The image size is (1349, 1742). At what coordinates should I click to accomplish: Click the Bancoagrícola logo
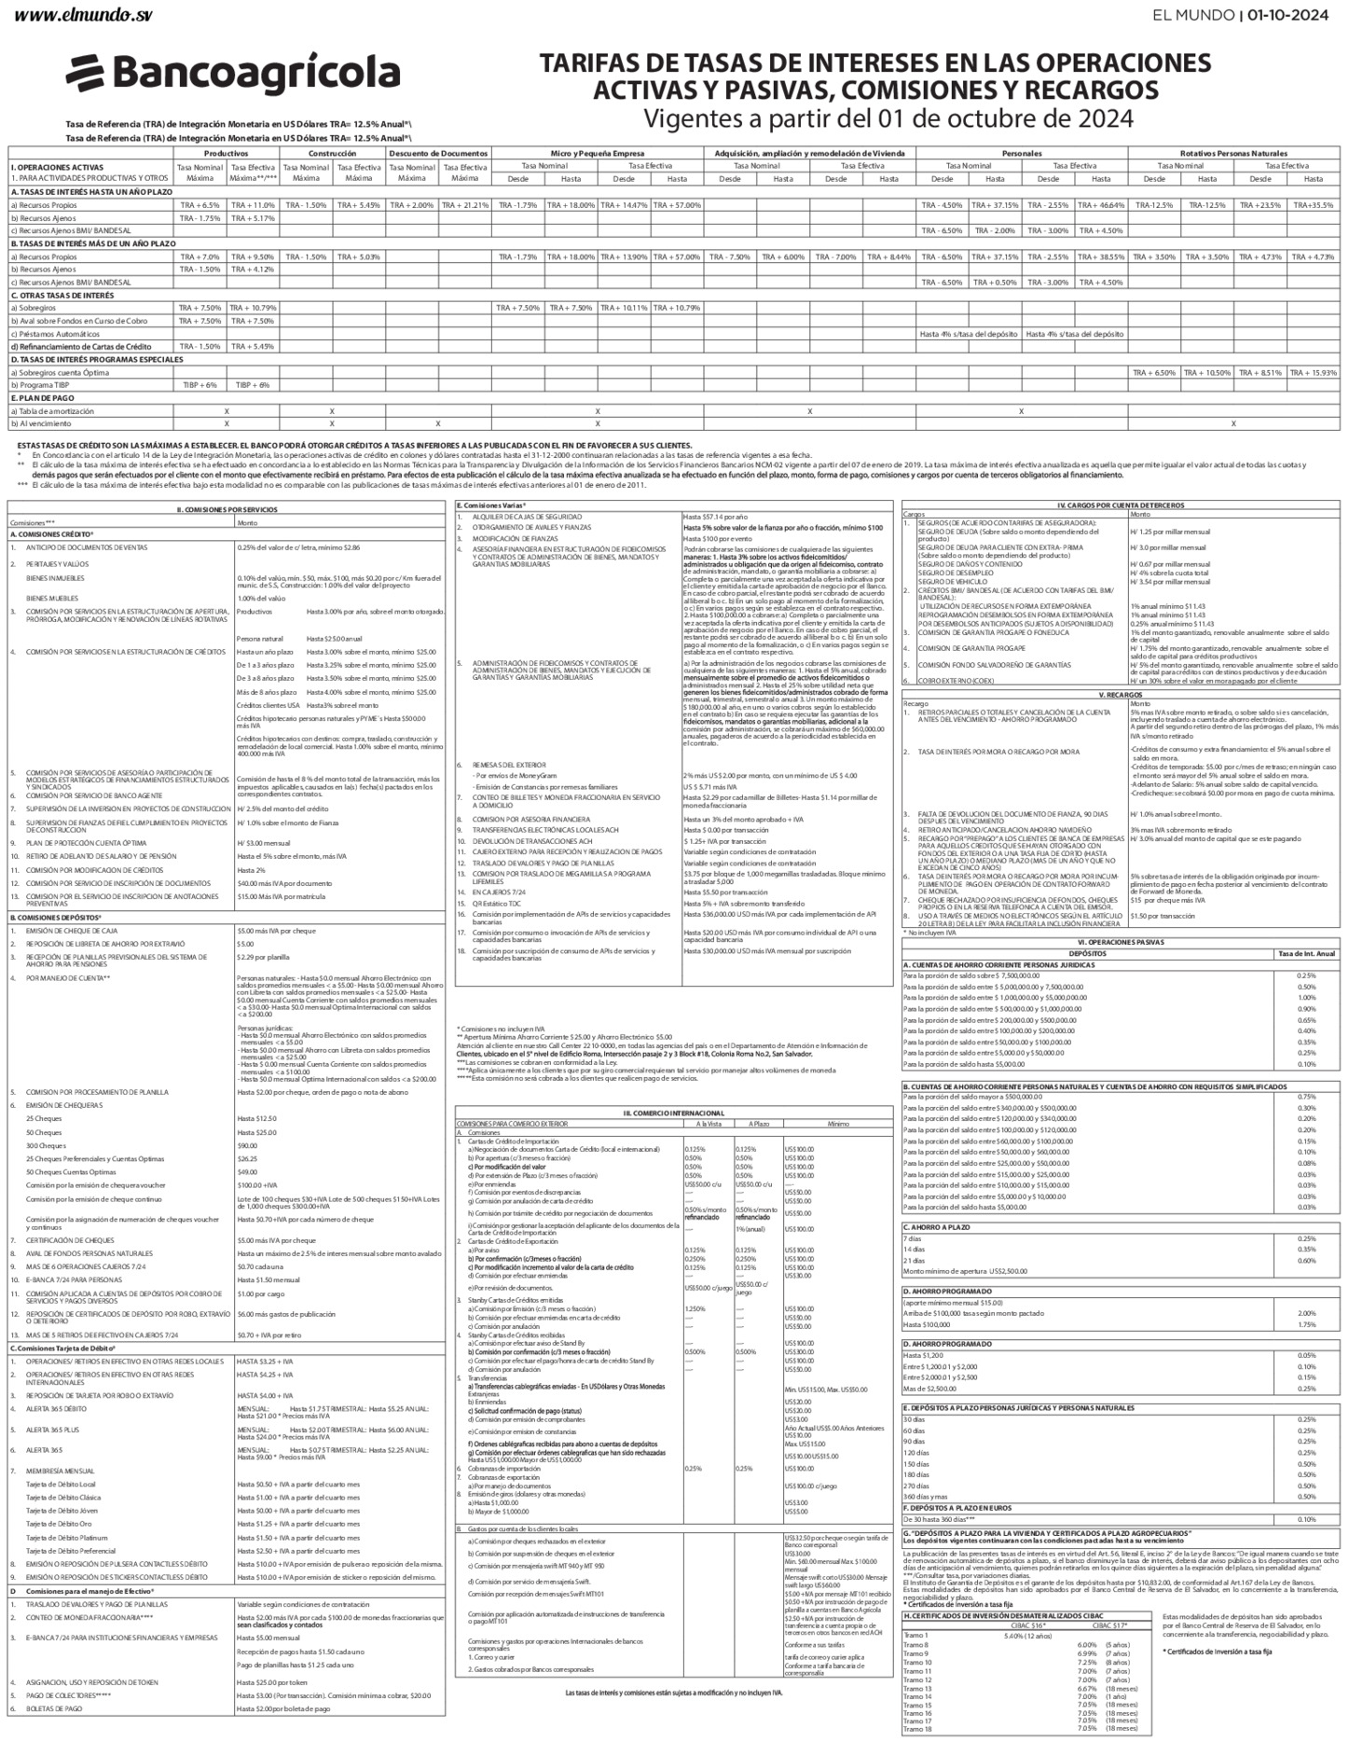click(233, 74)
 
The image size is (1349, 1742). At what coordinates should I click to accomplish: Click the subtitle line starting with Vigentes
click(888, 118)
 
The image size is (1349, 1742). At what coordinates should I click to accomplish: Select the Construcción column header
click(332, 153)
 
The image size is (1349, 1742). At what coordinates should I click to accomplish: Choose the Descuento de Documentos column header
click(438, 153)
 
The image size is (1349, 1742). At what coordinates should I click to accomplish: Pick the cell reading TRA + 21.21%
click(464, 205)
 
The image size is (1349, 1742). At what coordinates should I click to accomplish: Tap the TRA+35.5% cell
click(1313, 205)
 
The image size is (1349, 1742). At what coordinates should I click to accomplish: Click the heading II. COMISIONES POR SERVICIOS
click(227, 510)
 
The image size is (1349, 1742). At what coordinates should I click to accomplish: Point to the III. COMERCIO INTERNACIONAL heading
click(673, 1113)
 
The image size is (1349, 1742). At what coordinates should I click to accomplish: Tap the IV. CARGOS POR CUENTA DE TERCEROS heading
click(1121, 505)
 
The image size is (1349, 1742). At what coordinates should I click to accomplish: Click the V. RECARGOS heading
click(1121, 668)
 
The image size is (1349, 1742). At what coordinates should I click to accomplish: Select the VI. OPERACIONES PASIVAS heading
click(1121, 942)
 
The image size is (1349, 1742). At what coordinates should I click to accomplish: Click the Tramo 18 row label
click(917, 1728)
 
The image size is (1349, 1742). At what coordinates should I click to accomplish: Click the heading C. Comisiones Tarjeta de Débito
click(62, 1348)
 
